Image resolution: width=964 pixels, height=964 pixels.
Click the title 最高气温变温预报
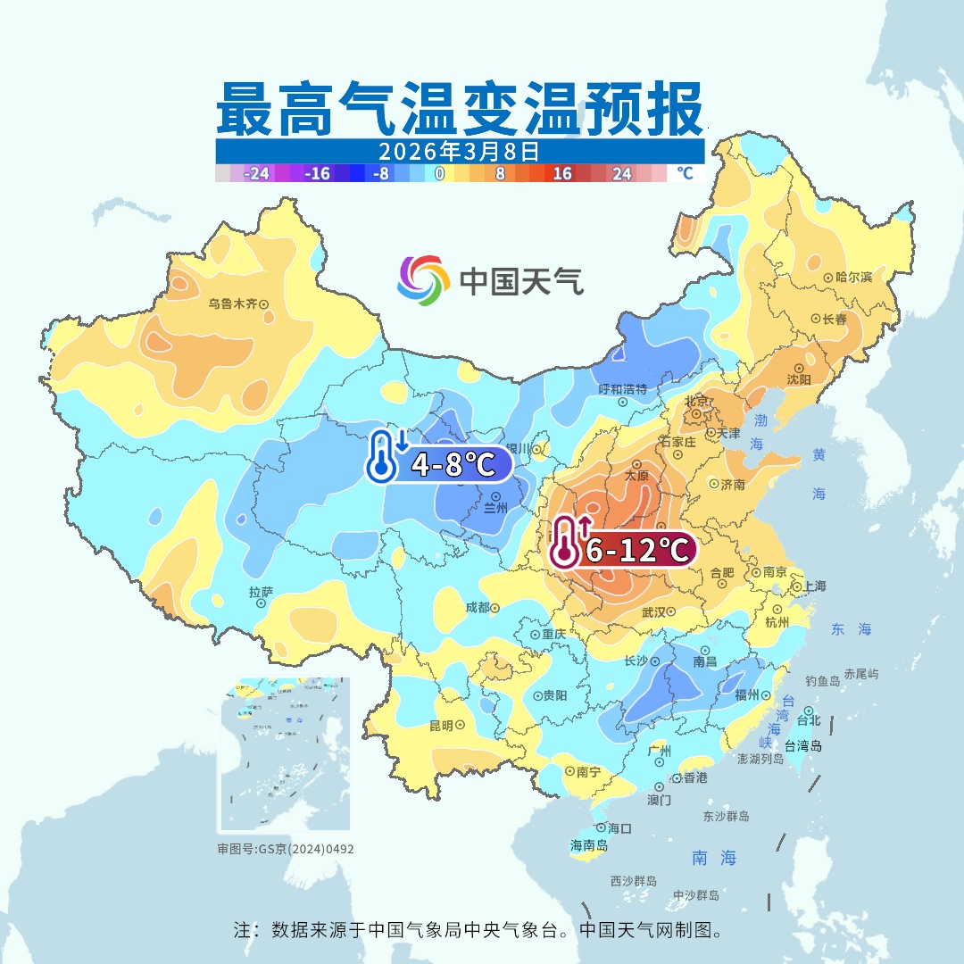(x=459, y=109)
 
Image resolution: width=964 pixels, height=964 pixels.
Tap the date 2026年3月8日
(x=459, y=151)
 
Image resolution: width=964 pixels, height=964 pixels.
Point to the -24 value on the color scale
(x=257, y=174)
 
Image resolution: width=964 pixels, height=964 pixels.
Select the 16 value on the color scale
(x=561, y=174)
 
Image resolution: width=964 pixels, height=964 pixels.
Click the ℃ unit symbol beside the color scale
(x=684, y=173)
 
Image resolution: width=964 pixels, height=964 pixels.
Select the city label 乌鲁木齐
(x=232, y=303)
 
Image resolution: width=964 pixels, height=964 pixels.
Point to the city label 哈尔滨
(x=853, y=278)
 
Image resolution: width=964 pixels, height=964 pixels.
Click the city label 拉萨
(x=261, y=593)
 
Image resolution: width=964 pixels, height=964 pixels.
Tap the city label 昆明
(x=441, y=725)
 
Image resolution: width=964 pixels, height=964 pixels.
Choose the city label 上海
(x=814, y=586)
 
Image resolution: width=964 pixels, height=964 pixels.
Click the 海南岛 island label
(x=589, y=844)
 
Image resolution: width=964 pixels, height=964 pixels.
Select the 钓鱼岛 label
(x=822, y=681)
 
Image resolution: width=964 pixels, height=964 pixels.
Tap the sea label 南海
(x=714, y=858)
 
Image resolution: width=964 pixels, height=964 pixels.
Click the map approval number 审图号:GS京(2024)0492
(x=286, y=849)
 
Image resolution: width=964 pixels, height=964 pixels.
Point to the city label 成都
(x=478, y=607)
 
